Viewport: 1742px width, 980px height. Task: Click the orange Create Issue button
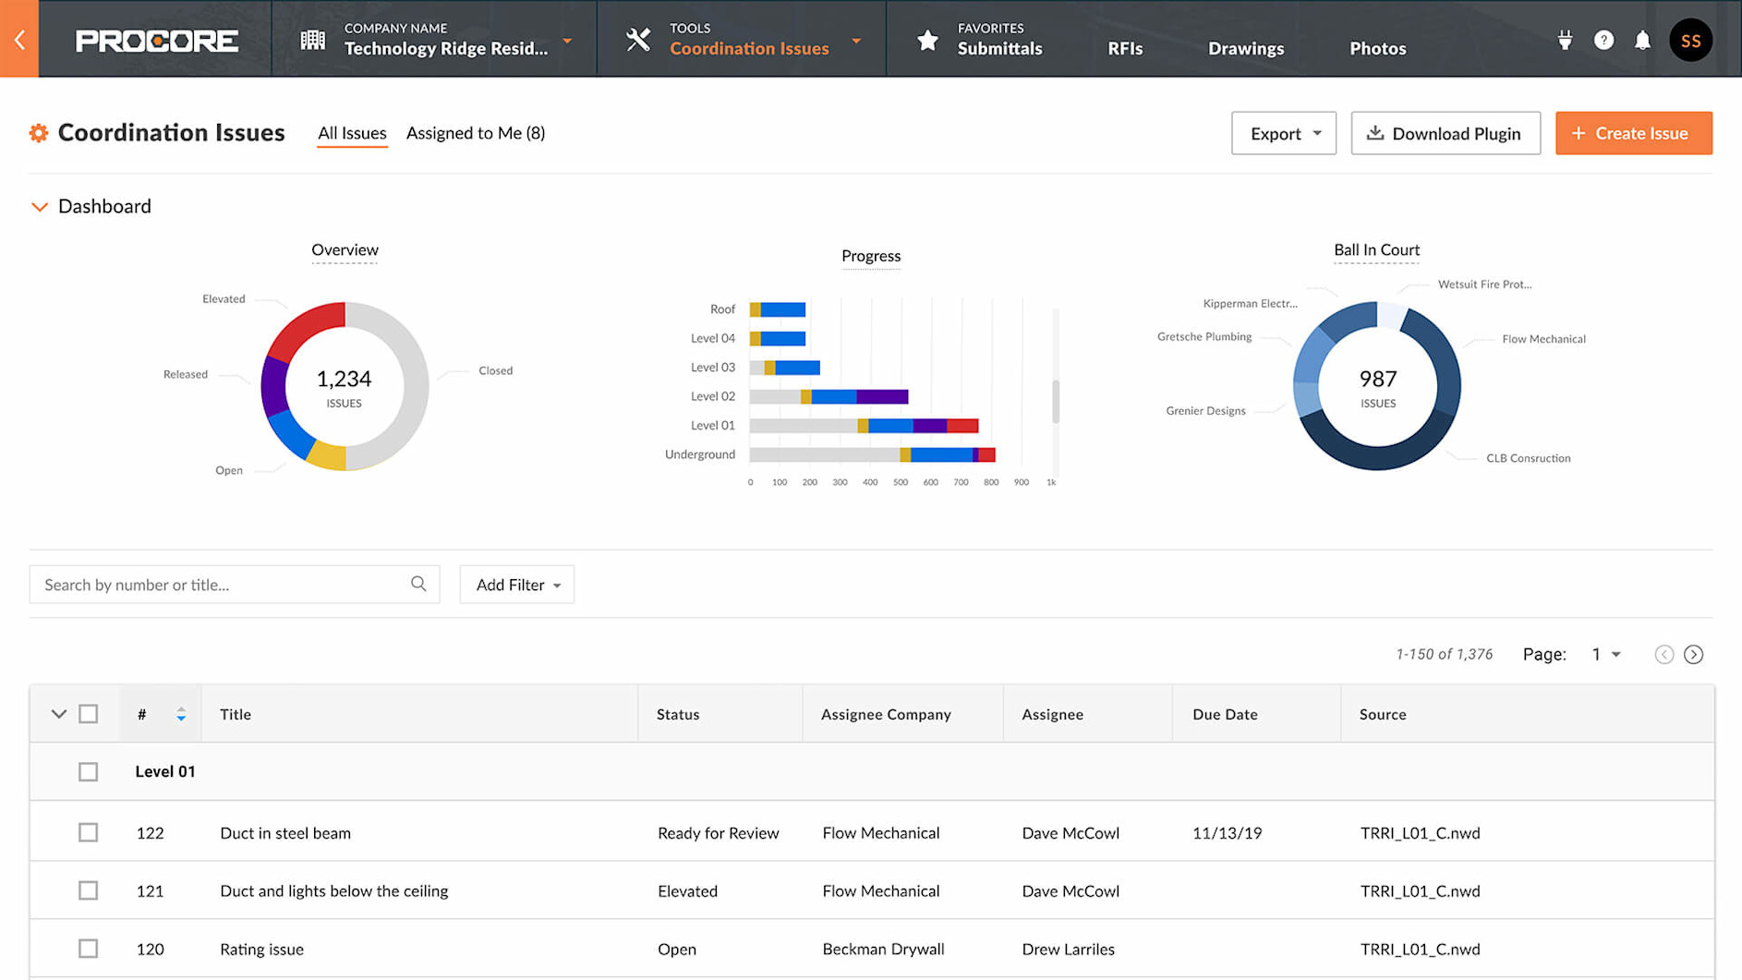[1633, 133]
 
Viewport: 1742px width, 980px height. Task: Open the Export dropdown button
[1283, 133]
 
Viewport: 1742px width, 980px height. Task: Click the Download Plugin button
[1445, 133]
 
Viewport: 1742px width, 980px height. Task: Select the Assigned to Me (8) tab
[476, 133]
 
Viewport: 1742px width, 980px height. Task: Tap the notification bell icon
[1642, 41]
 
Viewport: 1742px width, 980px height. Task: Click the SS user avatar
[1690, 41]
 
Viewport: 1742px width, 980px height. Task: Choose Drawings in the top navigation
[1245, 48]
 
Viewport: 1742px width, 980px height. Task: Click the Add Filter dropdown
[516, 585]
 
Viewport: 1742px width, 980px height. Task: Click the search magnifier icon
[418, 584]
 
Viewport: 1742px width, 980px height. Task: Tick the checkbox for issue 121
[88, 890]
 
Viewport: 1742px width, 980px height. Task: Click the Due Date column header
[1225, 714]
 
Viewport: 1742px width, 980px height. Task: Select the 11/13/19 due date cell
[1227, 833]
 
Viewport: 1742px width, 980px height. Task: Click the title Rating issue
[261, 949]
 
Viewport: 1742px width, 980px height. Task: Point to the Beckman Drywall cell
[883, 949]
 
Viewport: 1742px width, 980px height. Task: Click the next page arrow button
[1693, 655]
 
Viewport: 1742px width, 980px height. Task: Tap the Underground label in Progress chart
[699, 454]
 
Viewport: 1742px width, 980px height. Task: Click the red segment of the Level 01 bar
[962, 426]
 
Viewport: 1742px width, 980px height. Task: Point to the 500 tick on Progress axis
[900, 482]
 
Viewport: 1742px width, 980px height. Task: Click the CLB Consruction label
[1528, 458]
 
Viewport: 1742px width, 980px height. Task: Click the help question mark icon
[1603, 41]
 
